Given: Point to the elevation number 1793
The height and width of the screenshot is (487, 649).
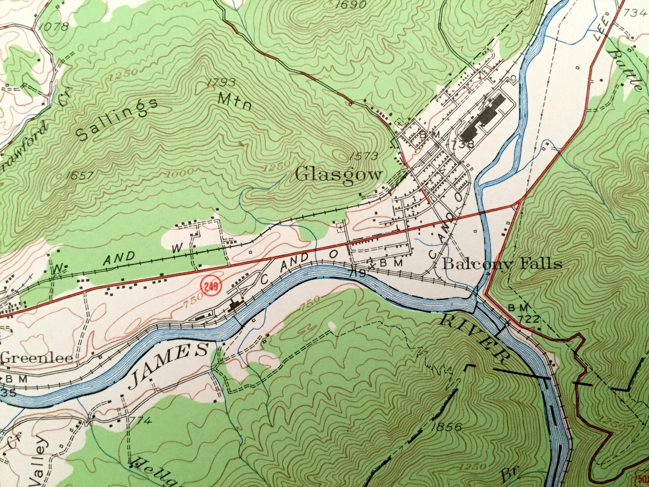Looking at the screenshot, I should (220, 82).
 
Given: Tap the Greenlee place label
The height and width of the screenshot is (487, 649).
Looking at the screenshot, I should (37, 358).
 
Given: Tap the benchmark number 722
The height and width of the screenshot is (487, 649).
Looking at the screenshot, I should (530, 319).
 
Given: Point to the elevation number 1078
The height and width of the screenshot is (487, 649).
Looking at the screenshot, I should (53, 27).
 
